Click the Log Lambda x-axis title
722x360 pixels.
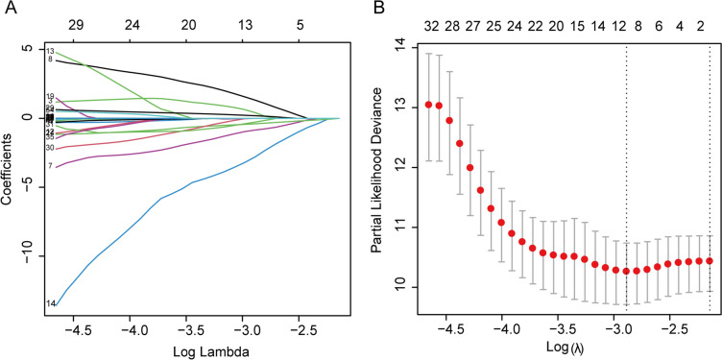point(192,352)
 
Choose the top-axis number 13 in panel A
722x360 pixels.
point(245,16)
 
